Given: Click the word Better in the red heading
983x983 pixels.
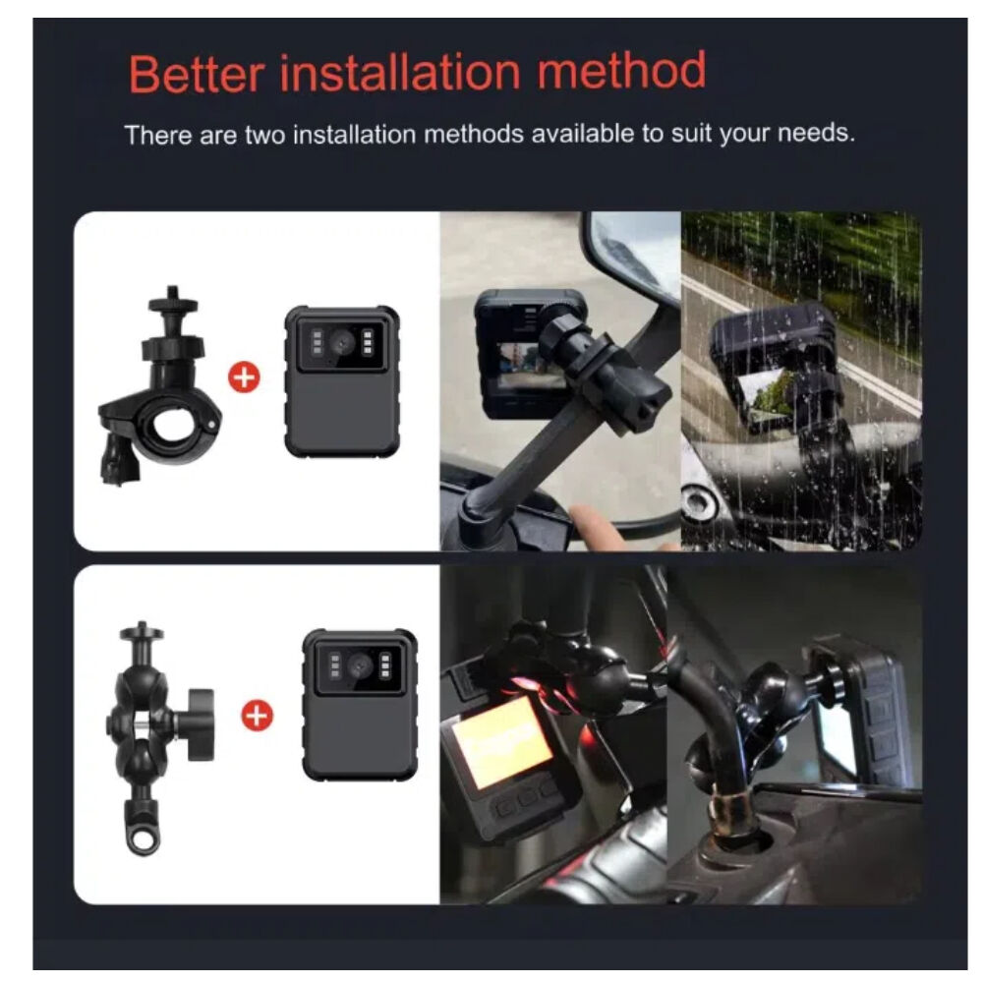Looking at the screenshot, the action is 197,74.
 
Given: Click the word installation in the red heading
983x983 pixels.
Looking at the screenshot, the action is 400,72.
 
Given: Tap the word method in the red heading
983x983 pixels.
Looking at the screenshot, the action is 621,70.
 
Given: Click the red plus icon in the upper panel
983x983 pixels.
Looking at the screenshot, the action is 244,378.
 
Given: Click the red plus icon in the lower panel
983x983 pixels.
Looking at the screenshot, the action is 257,716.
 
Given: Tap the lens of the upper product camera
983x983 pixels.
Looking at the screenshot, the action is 342,342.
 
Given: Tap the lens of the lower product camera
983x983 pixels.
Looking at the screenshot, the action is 360,665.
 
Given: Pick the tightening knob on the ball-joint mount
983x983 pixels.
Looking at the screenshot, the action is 200,724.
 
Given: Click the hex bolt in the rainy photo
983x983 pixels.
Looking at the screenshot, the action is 697,501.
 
